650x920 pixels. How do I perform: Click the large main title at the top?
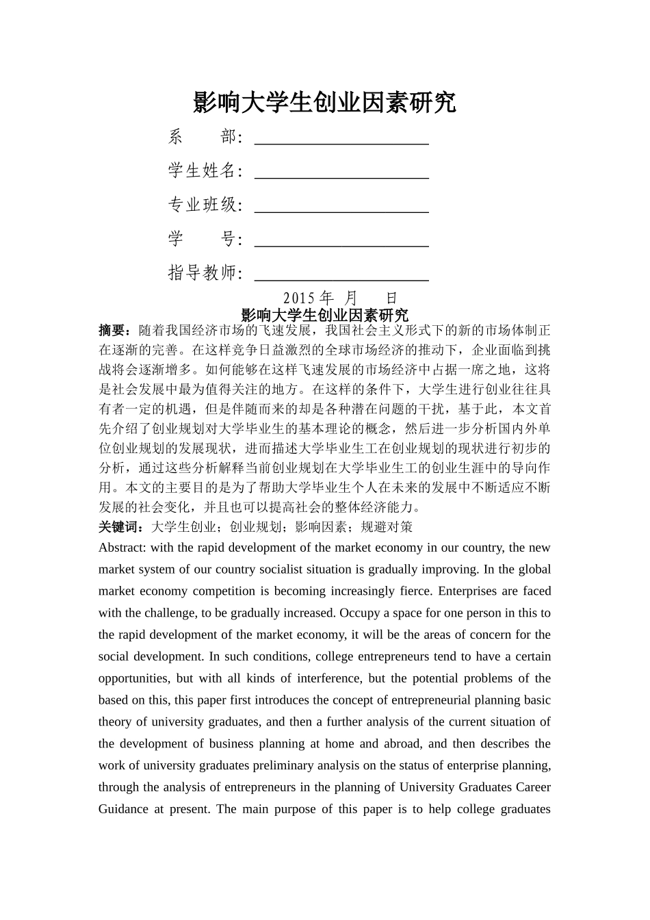324,103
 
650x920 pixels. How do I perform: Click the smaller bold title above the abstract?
324,315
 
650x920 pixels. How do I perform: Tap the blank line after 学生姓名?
341,171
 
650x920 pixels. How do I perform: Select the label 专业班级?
203,205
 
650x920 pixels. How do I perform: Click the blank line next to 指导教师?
341,274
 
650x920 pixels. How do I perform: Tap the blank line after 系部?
341,138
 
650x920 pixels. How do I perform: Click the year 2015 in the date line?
298,298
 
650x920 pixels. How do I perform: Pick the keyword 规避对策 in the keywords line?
387,526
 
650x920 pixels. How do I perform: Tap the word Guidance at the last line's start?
122,809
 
